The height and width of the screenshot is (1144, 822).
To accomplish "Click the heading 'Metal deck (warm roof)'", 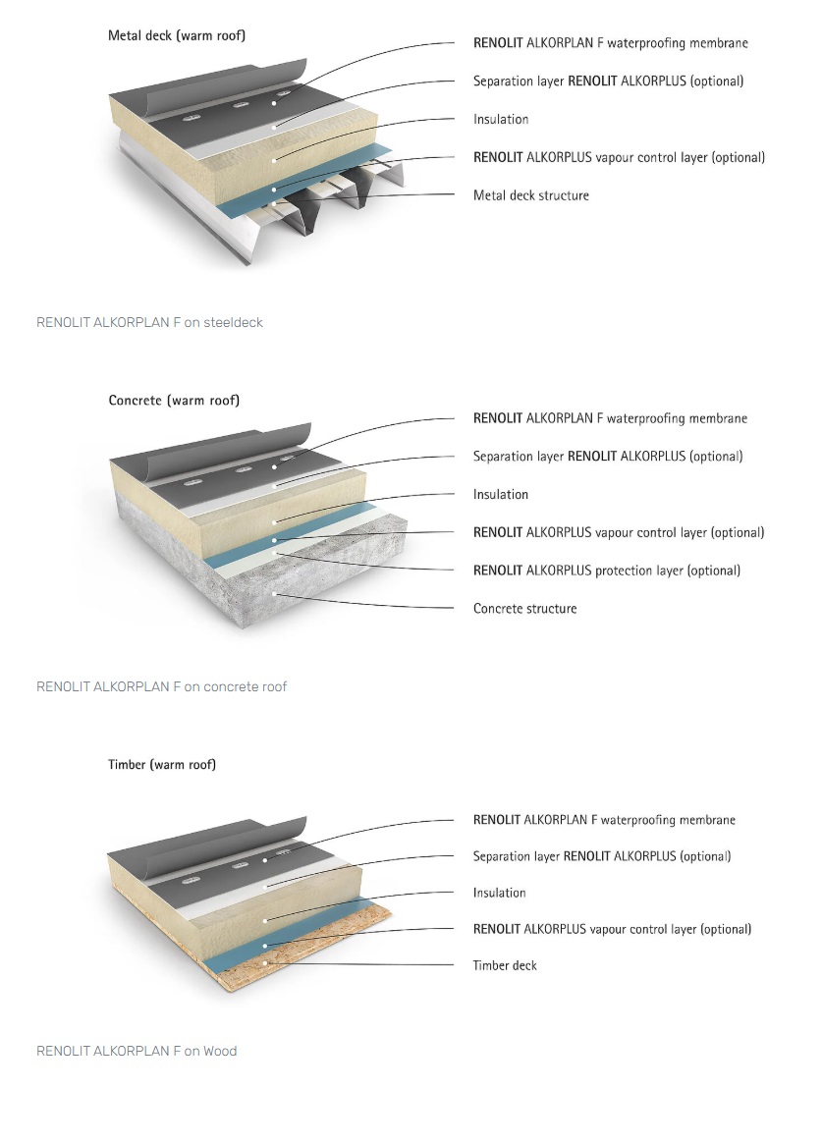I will [x=177, y=36].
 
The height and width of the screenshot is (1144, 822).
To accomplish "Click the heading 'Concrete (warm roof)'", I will [x=174, y=401].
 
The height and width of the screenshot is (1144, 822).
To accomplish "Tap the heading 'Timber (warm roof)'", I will [x=162, y=764].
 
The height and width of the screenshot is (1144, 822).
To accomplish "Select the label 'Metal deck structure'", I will [x=530, y=195].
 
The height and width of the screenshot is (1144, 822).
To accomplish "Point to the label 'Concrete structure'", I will [x=524, y=609].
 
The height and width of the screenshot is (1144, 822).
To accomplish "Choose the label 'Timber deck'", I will [x=505, y=965].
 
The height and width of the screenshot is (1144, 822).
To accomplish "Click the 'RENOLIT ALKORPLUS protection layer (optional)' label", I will [x=607, y=571].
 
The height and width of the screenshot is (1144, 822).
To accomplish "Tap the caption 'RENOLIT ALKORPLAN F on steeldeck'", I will [x=149, y=322].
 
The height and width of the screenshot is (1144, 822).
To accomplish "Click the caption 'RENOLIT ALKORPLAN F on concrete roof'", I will [x=161, y=686].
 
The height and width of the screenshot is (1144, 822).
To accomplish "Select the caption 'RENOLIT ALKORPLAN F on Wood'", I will [x=137, y=1051].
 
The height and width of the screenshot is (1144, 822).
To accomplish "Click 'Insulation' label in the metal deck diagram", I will [x=501, y=120].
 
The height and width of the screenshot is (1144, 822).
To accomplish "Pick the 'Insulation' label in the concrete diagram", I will [x=501, y=495].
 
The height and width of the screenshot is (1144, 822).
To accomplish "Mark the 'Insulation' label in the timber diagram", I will [x=499, y=893].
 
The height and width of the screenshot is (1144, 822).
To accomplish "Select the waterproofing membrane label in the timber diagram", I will [x=604, y=820].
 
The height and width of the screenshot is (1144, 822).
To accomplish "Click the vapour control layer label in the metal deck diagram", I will [x=619, y=157].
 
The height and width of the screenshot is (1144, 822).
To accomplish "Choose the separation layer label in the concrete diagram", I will [x=608, y=457].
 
